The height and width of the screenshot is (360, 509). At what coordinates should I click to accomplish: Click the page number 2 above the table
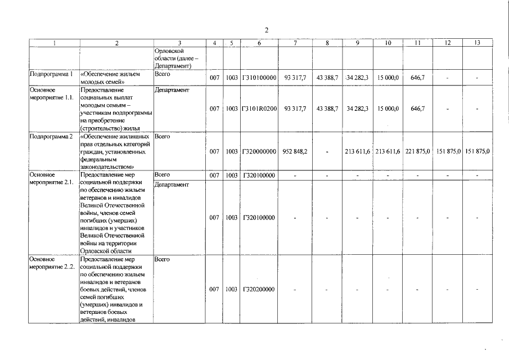pyautogui.click(x=267, y=30)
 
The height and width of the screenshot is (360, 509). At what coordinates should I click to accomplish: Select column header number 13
pyautogui.click(x=478, y=43)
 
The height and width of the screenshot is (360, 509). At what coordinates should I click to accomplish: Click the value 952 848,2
pyautogui.click(x=295, y=151)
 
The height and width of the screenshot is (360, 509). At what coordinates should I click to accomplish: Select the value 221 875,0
pyautogui.click(x=417, y=151)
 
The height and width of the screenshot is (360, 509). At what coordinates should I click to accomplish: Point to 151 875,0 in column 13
pyautogui.click(x=478, y=151)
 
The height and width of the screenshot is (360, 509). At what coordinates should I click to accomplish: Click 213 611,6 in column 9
pyautogui.click(x=357, y=151)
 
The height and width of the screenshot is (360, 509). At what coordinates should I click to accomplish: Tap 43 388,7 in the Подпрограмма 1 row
pyautogui.click(x=327, y=78)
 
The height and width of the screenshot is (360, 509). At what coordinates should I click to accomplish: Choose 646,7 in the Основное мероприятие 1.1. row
pyautogui.click(x=417, y=109)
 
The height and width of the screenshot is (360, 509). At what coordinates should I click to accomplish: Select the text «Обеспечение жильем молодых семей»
pyautogui.click(x=110, y=78)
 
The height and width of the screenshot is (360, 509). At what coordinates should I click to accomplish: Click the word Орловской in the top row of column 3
pyautogui.click(x=168, y=51)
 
